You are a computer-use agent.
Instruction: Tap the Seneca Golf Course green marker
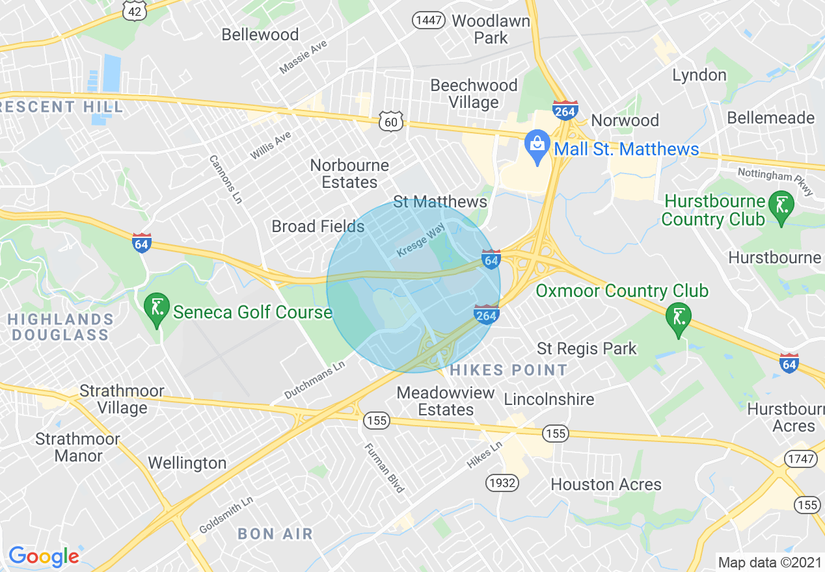157,308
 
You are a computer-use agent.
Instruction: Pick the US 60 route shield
391,120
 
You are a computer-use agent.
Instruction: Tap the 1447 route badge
429,21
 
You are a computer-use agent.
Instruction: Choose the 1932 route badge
501,482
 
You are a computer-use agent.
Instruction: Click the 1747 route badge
800,459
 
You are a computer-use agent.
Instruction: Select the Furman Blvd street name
385,467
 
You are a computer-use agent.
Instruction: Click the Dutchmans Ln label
315,380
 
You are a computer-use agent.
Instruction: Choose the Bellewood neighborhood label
260,34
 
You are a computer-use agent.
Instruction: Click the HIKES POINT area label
509,370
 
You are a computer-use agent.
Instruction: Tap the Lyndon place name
699,75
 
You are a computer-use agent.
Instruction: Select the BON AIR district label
275,534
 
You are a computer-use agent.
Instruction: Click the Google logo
43,556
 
